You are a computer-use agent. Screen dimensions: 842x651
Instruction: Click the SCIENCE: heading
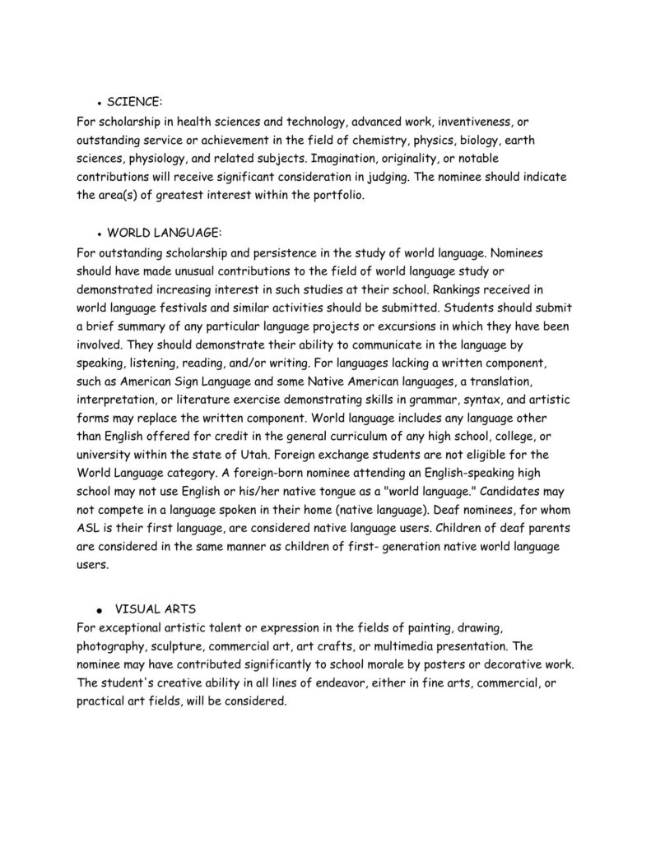coord(134,102)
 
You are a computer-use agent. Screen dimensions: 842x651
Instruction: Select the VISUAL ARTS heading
coord(155,609)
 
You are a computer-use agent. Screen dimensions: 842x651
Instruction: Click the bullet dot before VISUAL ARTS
coord(99,612)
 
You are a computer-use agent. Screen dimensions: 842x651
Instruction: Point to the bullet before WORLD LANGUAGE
coord(99,234)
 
